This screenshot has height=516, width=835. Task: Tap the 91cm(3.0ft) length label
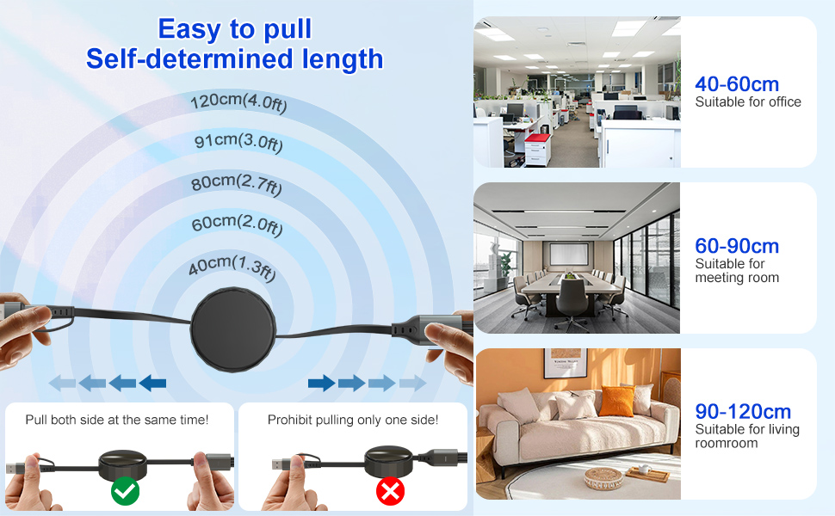click(238, 142)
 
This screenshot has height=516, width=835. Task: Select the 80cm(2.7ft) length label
click(236, 183)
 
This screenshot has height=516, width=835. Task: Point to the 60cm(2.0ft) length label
click(236, 224)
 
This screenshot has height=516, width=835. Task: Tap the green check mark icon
click(126, 491)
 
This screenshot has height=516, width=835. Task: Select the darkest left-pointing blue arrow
click(152, 383)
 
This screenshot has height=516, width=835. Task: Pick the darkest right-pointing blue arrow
click(321, 383)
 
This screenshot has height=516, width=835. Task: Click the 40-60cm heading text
click(737, 83)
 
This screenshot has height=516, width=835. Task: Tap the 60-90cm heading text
click(737, 246)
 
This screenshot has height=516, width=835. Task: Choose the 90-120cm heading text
click(743, 411)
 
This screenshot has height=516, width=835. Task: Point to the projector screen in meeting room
click(568, 255)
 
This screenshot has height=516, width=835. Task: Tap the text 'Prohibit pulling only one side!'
click(353, 420)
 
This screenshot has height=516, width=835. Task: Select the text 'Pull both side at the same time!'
click(117, 420)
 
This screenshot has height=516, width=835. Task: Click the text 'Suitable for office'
click(748, 101)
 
